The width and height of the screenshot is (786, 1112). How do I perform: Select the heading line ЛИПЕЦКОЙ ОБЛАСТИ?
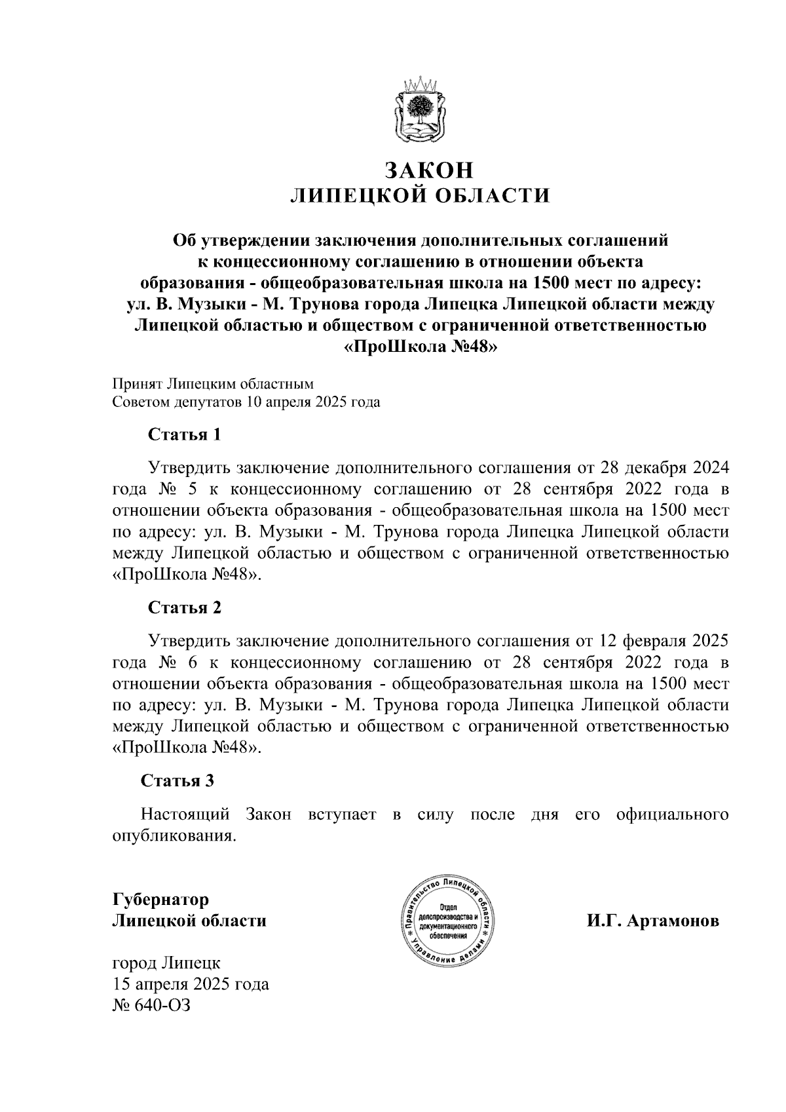[x=419, y=196]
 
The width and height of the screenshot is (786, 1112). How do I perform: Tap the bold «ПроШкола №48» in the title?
[x=421, y=347]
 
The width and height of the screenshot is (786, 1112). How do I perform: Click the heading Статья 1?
[x=185, y=434]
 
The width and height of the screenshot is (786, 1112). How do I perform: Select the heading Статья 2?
[x=185, y=607]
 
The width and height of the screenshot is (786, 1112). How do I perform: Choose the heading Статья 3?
[x=178, y=780]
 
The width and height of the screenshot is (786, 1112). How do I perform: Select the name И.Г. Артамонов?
[x=652, y=921]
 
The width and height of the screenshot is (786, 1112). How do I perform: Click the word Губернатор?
[x=161, y=899]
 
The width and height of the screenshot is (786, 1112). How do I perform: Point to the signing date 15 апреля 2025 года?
[x=191, y=984]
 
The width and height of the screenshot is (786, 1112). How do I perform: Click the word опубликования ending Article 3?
[x=173, y=836]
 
